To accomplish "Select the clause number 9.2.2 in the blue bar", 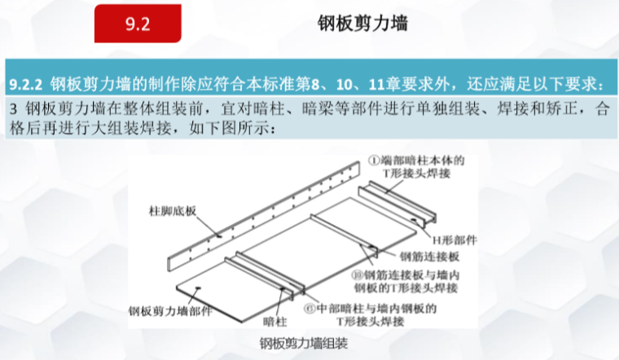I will coord(27,84).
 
